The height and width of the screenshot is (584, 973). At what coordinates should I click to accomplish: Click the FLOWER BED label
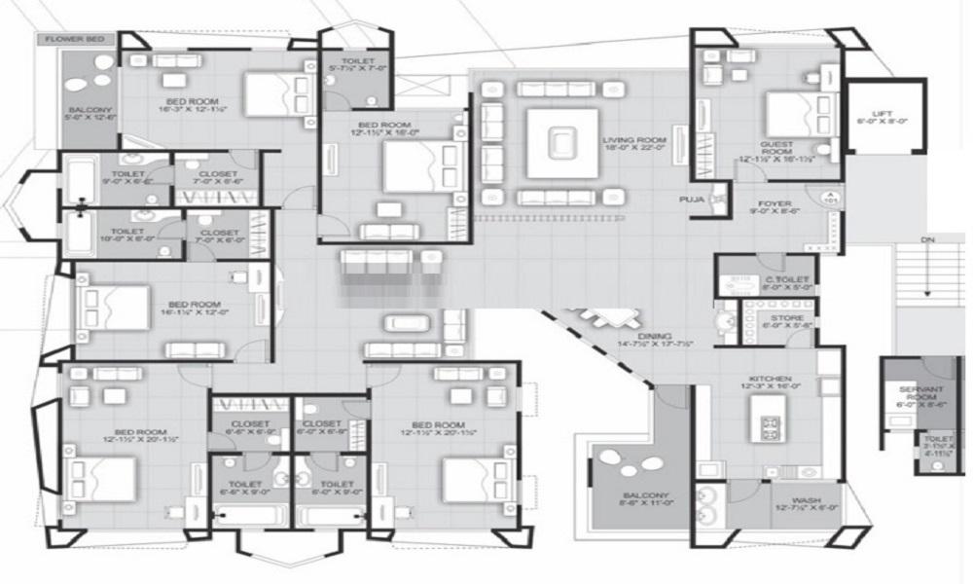pos(75,40)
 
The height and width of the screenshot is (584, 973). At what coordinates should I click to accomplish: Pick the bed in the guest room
pos(788,113)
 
